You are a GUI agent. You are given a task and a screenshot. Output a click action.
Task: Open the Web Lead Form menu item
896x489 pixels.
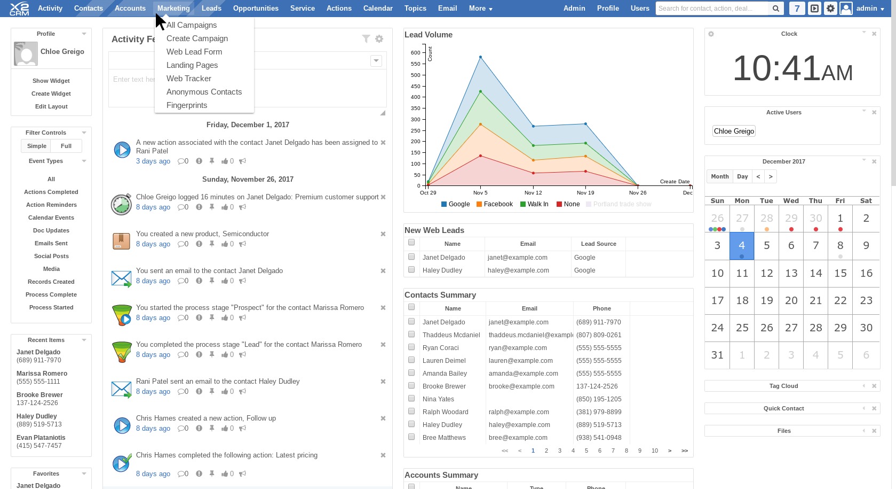[x=194, y=52]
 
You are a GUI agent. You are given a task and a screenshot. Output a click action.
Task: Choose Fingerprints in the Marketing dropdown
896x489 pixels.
[x=187, y=105]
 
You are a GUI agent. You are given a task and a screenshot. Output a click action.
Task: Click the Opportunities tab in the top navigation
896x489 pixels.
[x=256, y=8]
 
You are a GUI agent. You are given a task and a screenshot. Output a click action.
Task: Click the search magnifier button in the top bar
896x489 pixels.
[x=776, y=9]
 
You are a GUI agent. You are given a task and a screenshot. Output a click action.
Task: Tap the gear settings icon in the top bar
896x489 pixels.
[x=830, y=9]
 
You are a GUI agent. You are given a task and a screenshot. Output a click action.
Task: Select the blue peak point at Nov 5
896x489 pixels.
[x=480, y=57]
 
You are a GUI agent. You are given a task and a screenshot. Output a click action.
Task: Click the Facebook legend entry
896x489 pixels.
[x=494, y=204]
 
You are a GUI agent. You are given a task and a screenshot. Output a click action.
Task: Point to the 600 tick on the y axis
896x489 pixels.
[x=415, y=52]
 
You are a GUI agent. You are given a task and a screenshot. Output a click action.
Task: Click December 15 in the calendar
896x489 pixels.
[x=841, y=273]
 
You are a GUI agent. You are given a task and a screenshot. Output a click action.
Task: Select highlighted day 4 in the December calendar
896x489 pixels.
[x=742, y=245]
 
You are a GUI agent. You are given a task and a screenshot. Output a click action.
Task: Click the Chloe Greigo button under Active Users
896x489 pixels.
[x=734, y=131]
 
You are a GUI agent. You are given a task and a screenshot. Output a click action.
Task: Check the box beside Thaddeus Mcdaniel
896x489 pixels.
[x=411, y=335]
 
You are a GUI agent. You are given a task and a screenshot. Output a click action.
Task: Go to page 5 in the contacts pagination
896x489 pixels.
[x=586, y=451]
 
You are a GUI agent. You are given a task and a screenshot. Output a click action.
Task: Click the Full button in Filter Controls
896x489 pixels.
[x=66, y=146]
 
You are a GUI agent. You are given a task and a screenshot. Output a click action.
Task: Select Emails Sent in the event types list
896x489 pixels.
[x=51, y=243]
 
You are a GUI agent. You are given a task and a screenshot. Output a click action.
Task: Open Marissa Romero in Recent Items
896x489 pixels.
[x=42, y=374]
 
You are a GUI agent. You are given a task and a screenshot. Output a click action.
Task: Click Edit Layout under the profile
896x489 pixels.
[x=51, y=106]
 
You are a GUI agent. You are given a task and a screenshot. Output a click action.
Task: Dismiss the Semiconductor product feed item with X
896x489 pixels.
[x=383, y=234]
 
